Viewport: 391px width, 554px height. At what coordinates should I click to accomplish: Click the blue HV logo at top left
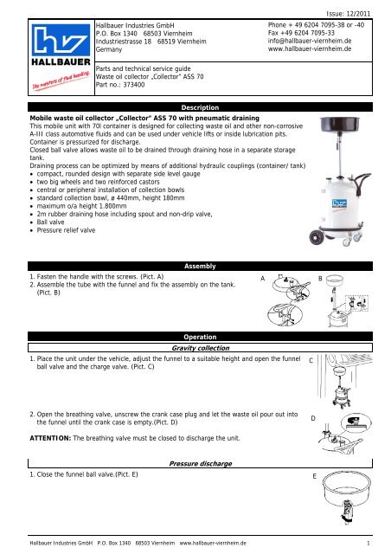(61, 40)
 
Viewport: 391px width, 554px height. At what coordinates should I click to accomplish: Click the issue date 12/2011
(358, 14)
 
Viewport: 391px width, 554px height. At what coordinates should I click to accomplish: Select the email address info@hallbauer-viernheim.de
(310, 41)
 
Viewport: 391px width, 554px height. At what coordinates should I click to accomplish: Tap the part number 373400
(134, 85)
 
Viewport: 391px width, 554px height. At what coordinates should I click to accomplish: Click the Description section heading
(200, 107)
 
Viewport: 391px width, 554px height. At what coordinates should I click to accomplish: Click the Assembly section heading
(200, 266)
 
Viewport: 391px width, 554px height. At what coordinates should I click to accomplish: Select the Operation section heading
(200, 337)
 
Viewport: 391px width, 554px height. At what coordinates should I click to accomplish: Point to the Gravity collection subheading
(201, 348)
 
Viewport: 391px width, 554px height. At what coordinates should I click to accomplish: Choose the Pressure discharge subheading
(201, 464)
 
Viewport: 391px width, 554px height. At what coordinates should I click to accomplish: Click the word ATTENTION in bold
(50, 438)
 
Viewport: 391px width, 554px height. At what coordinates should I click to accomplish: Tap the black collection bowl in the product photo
(339, 125)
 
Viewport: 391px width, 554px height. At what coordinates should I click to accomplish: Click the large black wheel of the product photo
(316, 237)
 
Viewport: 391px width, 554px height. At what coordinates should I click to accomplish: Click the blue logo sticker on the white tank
(339, 203)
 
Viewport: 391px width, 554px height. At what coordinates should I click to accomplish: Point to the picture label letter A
(262, 279)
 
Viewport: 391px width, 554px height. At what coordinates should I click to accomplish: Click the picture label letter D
(313, 418)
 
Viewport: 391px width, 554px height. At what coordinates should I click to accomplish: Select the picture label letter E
(314, 476)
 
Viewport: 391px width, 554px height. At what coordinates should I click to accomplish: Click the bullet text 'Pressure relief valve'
(66, 230)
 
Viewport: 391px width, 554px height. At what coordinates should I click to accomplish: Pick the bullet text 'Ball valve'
(50, 222)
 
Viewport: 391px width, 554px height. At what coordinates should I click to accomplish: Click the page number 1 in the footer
(369, 543)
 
